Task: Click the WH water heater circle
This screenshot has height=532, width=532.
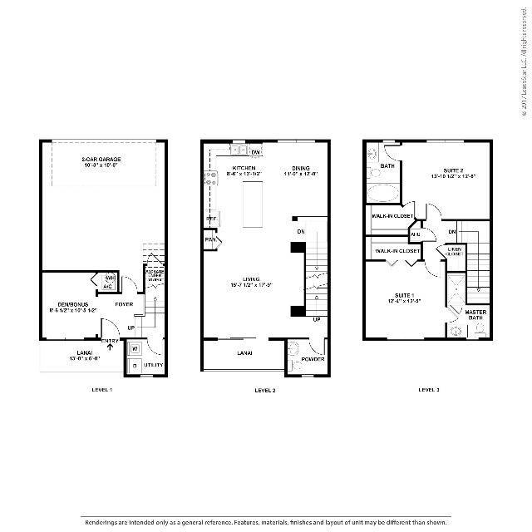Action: click(108, 278)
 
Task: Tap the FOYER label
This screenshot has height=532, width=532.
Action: click(124, 304)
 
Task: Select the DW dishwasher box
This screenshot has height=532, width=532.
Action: click(256, 153)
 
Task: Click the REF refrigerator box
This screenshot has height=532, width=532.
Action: click(211, 219)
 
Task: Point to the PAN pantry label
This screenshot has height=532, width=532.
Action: click(210, 241)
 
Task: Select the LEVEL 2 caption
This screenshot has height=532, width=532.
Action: click(264, 389)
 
